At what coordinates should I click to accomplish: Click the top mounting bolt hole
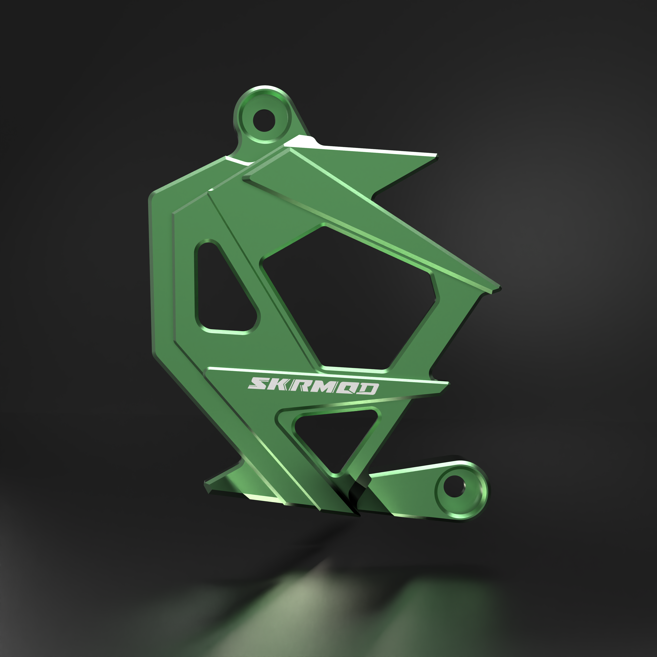coord(264,120)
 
